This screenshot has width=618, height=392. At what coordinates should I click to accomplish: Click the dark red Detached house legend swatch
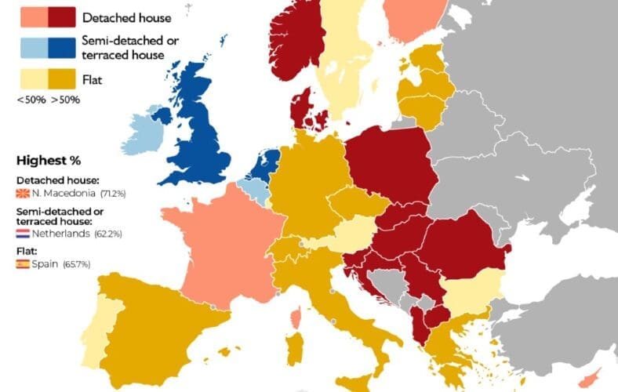pos(64,15)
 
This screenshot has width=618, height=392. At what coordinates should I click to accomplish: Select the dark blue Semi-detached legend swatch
pos(64,48)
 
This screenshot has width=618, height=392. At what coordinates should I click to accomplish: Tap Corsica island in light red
pos(296,318)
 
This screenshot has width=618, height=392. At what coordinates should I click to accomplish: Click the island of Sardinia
pos(295,349)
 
